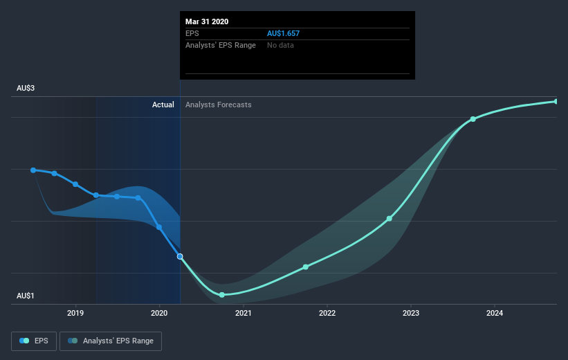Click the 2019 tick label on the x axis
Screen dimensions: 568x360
click(x=75, y=313)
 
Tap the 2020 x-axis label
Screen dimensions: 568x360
click(x=159, y=313)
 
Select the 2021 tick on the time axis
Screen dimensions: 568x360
click(x=243, y=313)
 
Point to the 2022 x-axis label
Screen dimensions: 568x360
click(x=327, y=313)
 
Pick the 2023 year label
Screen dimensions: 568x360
click(x=411, y=313)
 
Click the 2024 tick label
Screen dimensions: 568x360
click(x=495, y=313)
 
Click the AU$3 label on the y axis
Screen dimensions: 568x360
click(x=26, y=88)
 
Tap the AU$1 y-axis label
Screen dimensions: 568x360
click(x=26, y=296)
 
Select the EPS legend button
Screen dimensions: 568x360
click(x=34, y=341)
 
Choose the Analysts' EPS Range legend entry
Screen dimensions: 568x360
click(x=111, y=341)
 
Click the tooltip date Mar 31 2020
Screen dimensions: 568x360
click(x=207, y=21)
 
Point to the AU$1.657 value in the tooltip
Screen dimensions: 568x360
click(x=283, y=33)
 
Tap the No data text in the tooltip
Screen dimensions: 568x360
click(x=280, y=45)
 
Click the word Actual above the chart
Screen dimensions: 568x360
click(x=163, y=105)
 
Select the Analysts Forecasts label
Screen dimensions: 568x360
click(x=219, y=105)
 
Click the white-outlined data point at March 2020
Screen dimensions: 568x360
click(x=180, y=257)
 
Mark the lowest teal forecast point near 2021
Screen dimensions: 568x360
click(x=222, y=295)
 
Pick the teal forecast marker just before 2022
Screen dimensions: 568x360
click(x=306, y=267)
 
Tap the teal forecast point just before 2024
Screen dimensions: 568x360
click(x=473, y=119)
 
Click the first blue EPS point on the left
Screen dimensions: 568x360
click(x=33, y=170)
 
